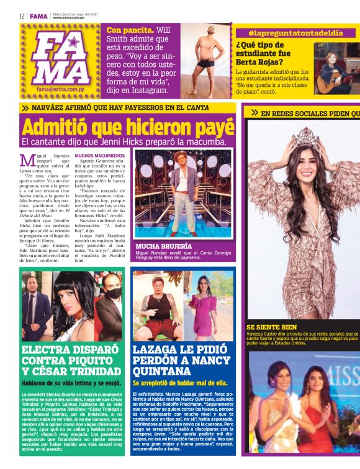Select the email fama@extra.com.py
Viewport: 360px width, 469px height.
[x=59, y=89]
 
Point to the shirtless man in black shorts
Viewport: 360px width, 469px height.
[x=204, y=60]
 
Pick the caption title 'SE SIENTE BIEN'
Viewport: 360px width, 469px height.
[x=271, y=327]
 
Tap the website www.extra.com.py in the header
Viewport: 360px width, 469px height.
[x=68, y=18]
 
